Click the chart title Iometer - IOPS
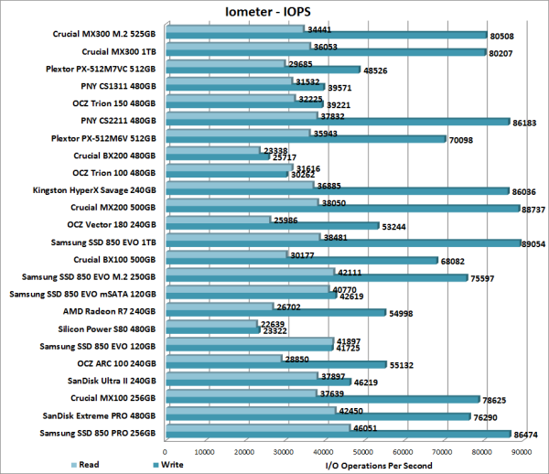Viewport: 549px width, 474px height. tap(274, 11)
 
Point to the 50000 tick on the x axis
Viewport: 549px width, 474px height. tap(363, 451)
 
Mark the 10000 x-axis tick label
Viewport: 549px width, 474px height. tap(205, 451)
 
